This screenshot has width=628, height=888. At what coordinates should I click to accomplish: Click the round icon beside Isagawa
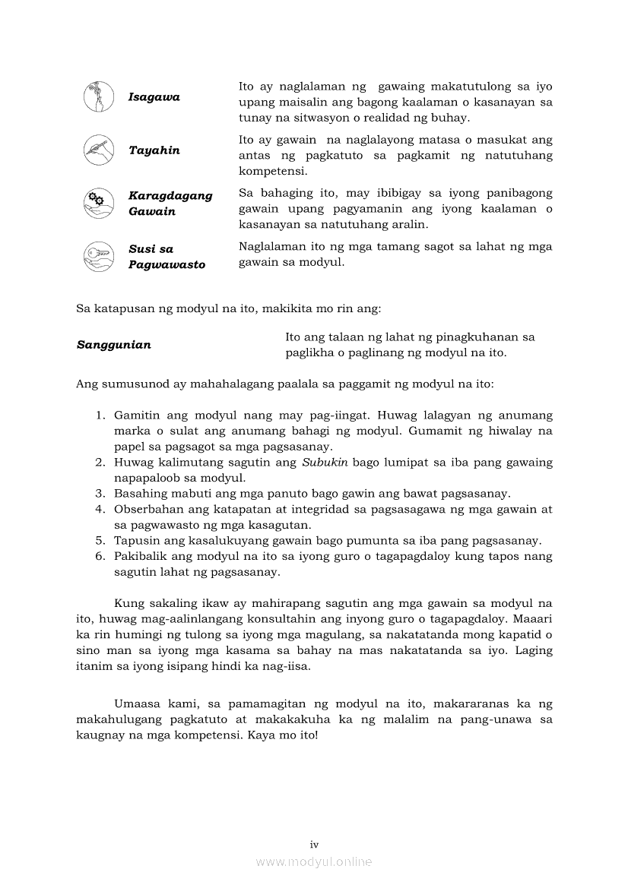click(99, 97)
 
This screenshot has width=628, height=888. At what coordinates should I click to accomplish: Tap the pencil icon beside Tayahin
click(99, 150)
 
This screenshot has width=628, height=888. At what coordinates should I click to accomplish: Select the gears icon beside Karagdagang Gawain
click(99, 203)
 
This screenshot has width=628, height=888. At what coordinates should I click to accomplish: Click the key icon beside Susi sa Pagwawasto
click(99, 256)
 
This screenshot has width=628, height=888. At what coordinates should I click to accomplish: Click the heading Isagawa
click(154, 97)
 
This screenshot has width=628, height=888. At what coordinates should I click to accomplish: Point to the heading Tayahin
click(154, 150)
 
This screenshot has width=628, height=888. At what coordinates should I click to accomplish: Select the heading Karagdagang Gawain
click(170, 204)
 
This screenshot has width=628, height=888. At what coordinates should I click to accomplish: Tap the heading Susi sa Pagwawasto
click(167, 257)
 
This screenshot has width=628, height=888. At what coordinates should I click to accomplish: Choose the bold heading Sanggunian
click(114, 345)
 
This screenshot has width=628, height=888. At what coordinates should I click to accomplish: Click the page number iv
click(314, 845)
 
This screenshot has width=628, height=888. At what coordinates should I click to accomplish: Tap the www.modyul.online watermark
click(314, 862)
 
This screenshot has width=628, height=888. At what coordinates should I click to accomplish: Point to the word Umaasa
click(136, 703)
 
